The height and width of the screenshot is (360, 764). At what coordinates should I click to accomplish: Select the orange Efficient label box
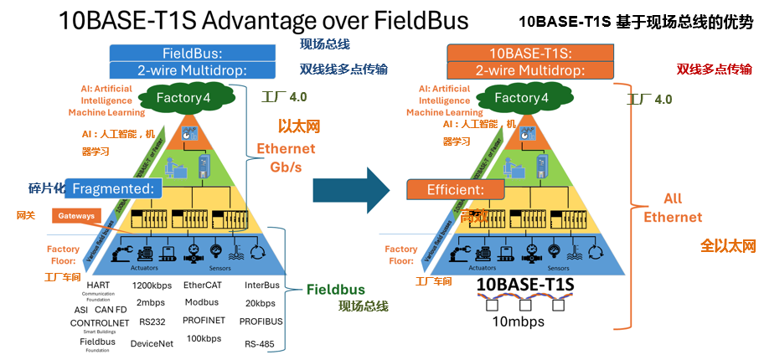coord(455,189)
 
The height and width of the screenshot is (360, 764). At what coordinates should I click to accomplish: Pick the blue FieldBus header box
coord(191,53)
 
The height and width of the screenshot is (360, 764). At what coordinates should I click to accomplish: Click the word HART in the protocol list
coord(98,285)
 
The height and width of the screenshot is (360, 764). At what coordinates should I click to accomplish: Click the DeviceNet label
coord(151,342)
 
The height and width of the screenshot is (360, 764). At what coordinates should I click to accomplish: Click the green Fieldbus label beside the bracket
coord(335,290)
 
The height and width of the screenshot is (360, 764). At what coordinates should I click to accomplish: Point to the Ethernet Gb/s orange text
coord(286,157)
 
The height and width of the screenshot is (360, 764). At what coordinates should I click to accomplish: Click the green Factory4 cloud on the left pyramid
coord(187,98)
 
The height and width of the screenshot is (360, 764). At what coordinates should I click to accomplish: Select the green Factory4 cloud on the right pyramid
coord(521,98)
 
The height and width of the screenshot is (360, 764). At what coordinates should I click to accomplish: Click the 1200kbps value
coord(151,285)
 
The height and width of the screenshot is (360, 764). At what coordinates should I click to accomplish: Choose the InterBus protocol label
coord(261,285)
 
